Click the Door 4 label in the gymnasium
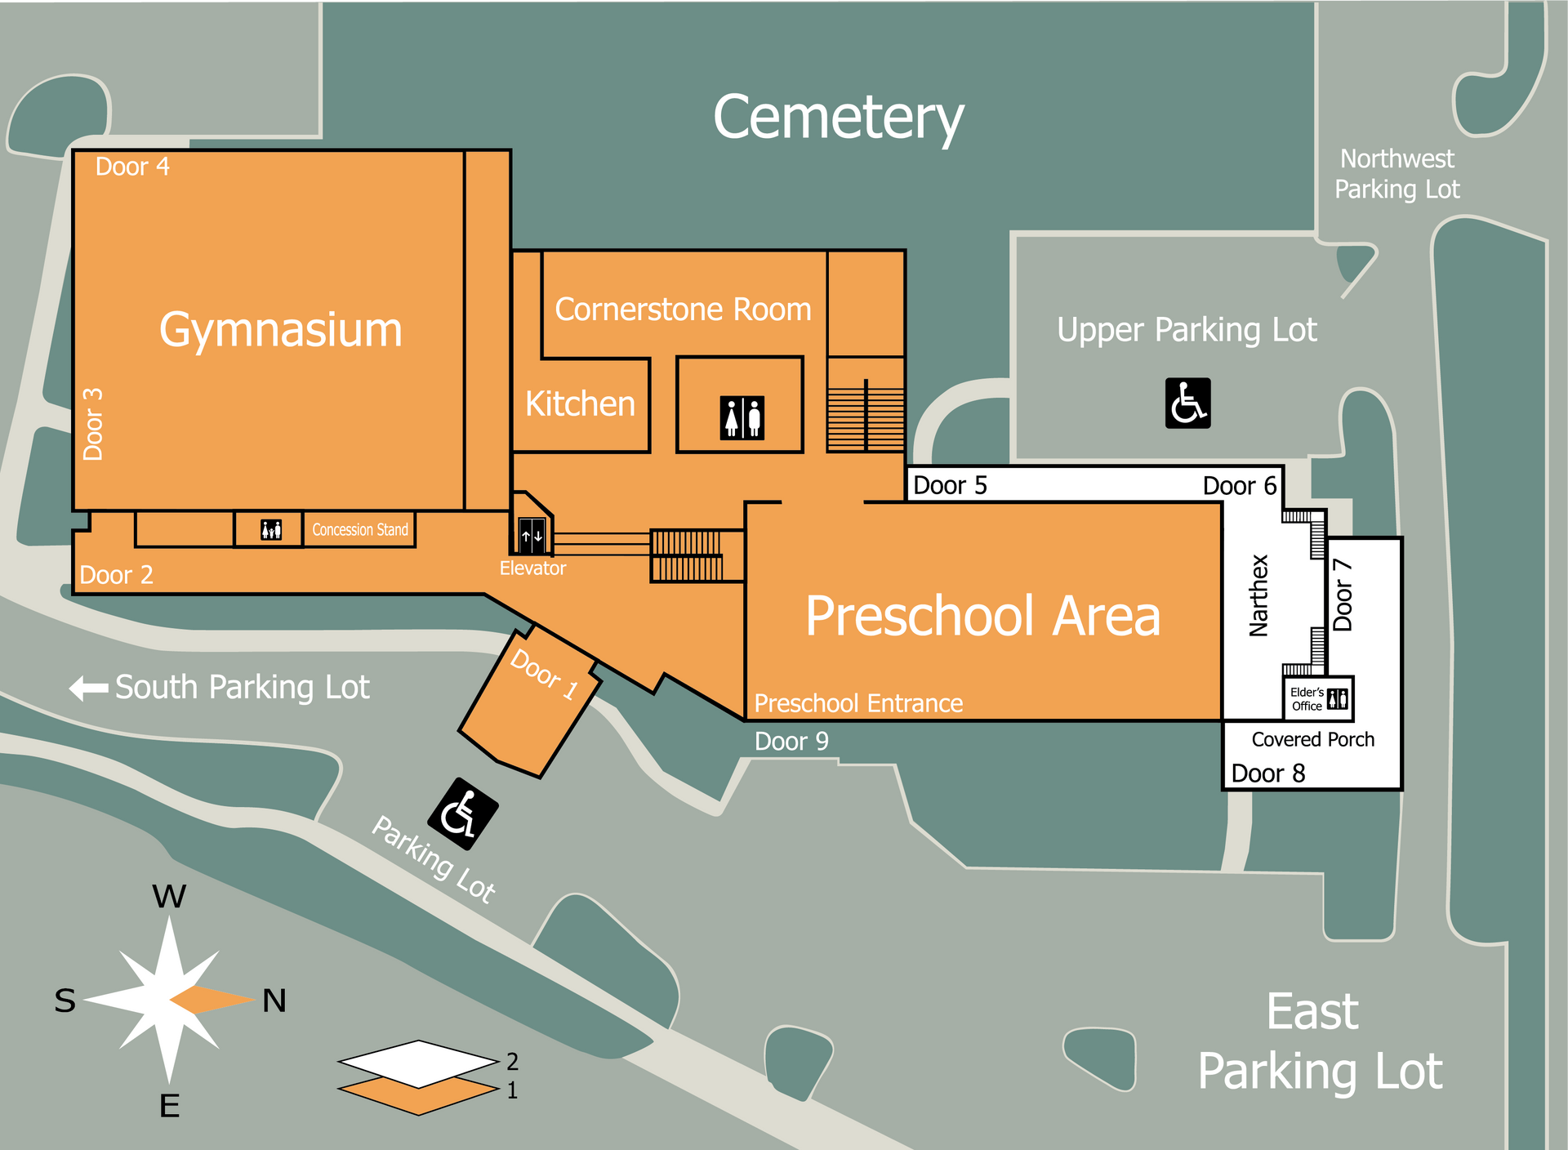(x=132, y=167)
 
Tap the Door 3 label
(x=93, y=424)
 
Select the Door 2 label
(x=116, y=575)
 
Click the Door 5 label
(x=950, y=485)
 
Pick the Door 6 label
(x=1240, y=486)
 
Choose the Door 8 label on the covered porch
(x=1268, y=773)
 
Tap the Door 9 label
(x=791, y=742)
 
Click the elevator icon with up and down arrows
(x=532, y=536)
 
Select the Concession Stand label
(x=360, y=530)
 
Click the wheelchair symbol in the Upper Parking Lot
(x=1187, y=403)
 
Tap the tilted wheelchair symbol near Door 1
(x=463, y=813)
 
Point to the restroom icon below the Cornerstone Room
(x=742, y=417)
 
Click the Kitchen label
(x=580, y=404)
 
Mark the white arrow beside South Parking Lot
(x=89, y=688)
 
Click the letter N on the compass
(x=274, y=1001)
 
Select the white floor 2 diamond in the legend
(x=418, y=1063)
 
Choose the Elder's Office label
(x=1307, y=699)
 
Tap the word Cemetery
(x=839, y=118)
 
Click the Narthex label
(x=1258, y=595)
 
